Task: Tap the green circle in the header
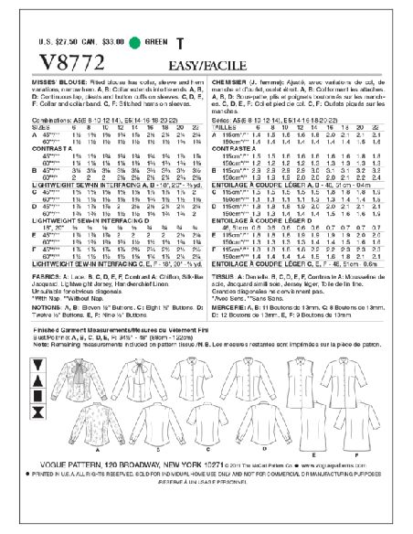click(135, 42)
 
